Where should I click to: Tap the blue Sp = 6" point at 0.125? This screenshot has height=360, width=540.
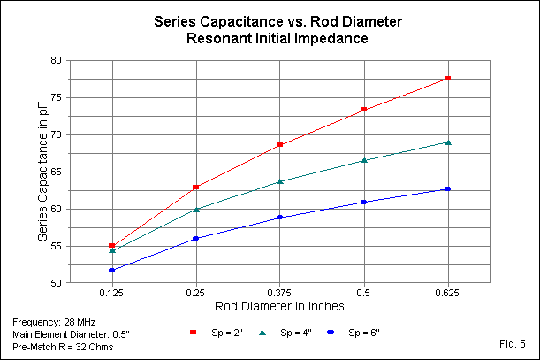point(111,270)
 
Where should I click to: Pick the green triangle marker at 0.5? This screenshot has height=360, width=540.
point(364,160)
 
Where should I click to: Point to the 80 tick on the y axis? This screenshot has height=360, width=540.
point(55,61)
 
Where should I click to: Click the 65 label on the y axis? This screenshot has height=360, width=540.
point(55,172)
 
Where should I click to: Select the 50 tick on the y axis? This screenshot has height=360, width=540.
point(55,283)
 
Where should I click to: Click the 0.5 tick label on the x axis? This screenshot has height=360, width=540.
point(364,292)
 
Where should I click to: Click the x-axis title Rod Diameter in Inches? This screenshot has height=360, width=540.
point(279,305)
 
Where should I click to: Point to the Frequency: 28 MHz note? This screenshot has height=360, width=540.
point(54,322)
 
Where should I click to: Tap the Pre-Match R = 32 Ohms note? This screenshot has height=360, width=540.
point(63,346)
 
